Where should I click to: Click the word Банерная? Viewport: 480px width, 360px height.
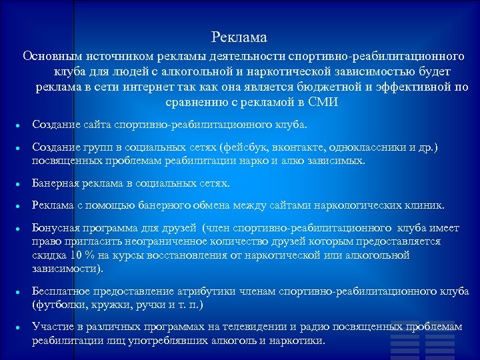57,183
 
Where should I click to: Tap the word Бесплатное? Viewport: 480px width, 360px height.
62,291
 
